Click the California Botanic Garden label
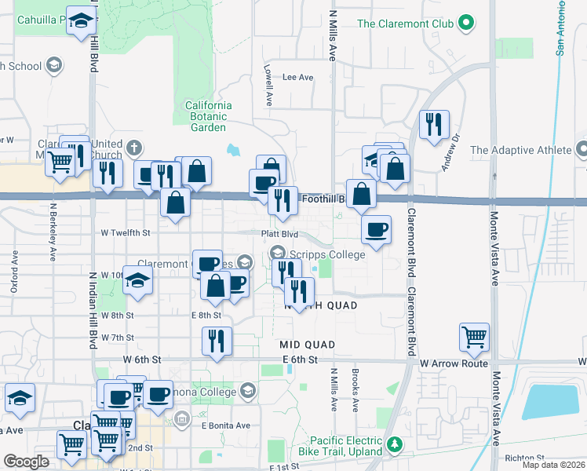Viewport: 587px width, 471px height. (x=208, y=116)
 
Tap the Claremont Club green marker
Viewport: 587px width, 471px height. (x=466, y=24)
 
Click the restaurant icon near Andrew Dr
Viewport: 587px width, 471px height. (x=433, y=124)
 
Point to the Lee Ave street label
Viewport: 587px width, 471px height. (x=297, y=78)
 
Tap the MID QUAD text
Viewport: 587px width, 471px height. (x=308, y=345)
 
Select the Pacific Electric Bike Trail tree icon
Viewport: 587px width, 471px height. (x=396, y=446)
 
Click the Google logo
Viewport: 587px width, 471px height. (x=26, y=462)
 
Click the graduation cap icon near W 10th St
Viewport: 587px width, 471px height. (x=137, y=279)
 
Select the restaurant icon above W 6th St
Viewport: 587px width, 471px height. (x=217, y=340)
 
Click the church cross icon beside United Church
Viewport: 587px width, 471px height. (x=135, y=147)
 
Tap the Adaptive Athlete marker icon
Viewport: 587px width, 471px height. (x=582, y=148)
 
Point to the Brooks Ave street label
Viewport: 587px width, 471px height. (x=355, y=392)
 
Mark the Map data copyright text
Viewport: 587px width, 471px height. (x=553, y=465)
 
